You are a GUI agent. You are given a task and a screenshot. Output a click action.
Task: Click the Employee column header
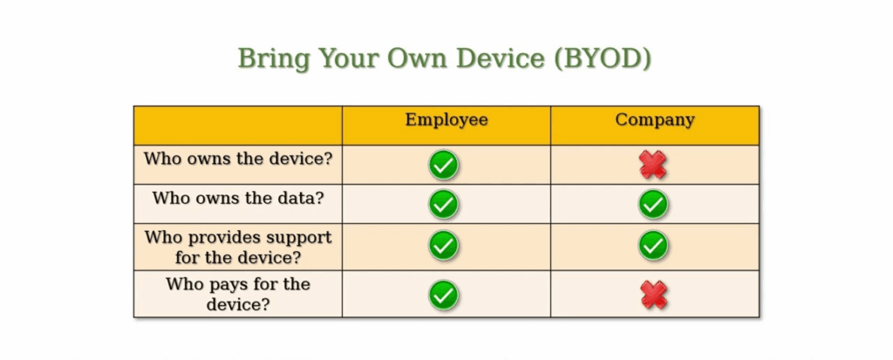point(446,120)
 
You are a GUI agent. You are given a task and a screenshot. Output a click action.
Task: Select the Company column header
point(655,120)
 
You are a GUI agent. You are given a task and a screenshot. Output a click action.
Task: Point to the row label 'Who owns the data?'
point(237,198)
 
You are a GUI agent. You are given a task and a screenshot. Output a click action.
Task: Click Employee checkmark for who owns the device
point(444,164)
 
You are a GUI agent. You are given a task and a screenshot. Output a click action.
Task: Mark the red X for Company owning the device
point(653,164)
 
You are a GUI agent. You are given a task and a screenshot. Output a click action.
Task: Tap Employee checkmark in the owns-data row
point(444,204)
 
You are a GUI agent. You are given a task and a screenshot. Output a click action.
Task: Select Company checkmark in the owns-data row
point(653,204)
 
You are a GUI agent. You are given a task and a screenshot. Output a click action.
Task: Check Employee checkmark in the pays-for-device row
point(444,294)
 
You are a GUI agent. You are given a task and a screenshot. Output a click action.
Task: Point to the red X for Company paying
point(653,294)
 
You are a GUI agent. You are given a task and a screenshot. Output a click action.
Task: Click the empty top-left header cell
point(237,125)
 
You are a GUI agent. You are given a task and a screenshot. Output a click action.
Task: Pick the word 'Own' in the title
point(422,59)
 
